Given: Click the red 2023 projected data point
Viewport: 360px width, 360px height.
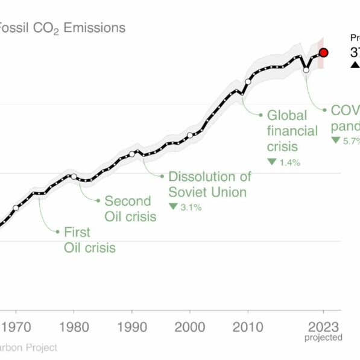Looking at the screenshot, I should [x=324, y=52].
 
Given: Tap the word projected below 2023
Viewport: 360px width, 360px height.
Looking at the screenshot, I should [x=324, y=338].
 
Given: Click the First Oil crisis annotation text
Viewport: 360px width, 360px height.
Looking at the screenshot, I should [x=89, y=239].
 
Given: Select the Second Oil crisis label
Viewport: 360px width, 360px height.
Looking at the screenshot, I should [x=130, y=209].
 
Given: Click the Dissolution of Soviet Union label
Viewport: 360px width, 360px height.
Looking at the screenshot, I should [x=209, y=185].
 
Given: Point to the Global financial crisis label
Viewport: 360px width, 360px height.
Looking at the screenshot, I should [x=292, y=131].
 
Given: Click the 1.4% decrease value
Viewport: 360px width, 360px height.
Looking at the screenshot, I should [x=289, y=162].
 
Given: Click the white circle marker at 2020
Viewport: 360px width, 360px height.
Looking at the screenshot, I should [x=306, y=70].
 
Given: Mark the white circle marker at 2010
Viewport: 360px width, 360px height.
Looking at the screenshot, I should [x=248, y=81].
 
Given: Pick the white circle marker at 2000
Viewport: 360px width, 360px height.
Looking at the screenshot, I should [x=189, y=136].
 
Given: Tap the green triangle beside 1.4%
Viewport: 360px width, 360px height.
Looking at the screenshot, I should [x=272, y=162].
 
